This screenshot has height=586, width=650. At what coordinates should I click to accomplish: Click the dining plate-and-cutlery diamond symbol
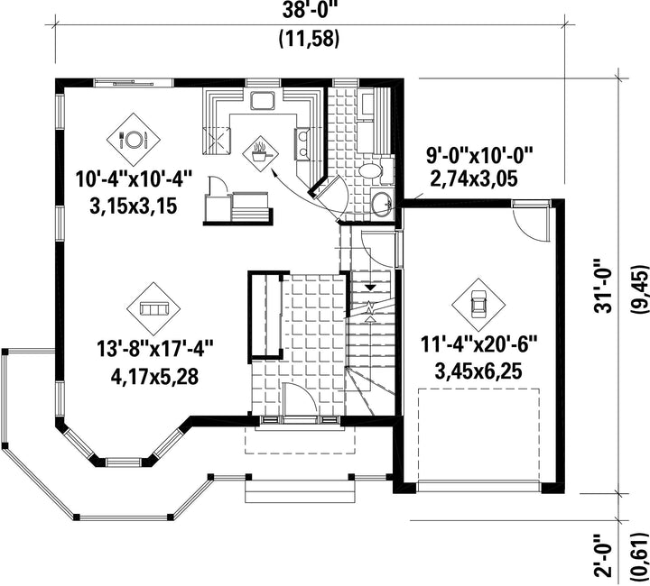coord(134,140)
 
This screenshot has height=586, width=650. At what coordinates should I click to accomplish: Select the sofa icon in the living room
coord(153,309)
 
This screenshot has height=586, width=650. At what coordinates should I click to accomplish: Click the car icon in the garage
coord(478,305)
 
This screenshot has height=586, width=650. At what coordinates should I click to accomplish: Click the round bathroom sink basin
coord(381,203)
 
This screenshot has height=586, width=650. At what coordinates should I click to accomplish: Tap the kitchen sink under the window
coord(262,102)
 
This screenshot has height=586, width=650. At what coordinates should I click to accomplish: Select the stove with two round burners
coord(302,143)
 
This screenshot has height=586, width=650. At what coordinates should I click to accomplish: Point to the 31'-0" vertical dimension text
coord(603,287)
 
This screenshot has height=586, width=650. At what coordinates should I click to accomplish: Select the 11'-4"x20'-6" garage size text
coord(478,344)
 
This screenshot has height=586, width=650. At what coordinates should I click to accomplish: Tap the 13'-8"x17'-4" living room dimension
coord(154,349)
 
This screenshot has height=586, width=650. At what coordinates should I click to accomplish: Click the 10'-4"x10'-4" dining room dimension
coord(135,179)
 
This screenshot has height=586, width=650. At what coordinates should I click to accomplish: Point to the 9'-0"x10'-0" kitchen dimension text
coord(478,156)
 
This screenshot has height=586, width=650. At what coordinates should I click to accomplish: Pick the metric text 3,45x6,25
coord(478,371)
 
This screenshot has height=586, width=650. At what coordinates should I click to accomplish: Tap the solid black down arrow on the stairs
coord(370,288)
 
